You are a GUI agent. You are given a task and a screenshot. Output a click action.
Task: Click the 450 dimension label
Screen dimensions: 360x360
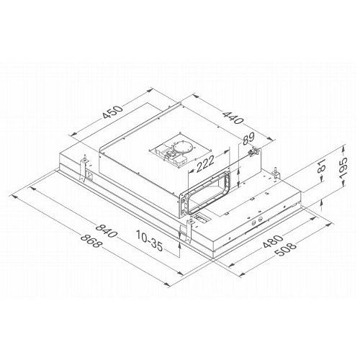tap(112, 112)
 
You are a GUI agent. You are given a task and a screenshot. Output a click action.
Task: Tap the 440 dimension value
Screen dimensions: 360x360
tap(233, 117)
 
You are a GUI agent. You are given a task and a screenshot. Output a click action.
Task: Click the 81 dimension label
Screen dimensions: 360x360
tap(321, 166)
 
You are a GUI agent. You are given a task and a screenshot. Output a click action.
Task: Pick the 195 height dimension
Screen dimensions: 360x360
tap(343, 168)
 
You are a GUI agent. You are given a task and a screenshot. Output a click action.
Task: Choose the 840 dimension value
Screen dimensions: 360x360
tap(106, 230)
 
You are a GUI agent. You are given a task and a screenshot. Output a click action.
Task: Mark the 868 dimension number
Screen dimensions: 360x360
tap(91, 240)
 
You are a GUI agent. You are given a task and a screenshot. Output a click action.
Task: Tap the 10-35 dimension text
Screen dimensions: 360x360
tap(149, 240)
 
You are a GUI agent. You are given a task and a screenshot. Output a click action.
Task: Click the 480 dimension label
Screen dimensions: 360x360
tap(273, 240)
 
